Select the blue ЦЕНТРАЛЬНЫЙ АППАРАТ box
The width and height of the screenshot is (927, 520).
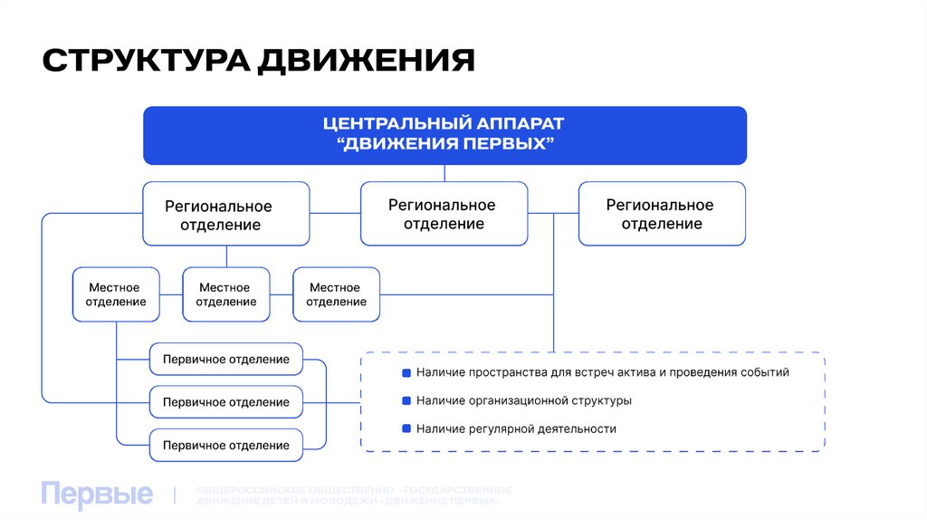point(444,135)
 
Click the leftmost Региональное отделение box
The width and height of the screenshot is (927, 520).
point(225,214)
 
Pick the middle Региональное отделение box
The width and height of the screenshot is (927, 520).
point(444,214)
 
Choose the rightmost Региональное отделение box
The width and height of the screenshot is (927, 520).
point(662,214)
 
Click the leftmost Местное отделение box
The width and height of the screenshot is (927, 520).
point(116,294)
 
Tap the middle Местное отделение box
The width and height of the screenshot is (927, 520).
point(225,294)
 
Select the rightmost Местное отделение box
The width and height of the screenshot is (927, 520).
point(336,294)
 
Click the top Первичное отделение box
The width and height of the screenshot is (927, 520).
point(225,360)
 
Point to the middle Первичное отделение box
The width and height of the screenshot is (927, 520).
point(225,402)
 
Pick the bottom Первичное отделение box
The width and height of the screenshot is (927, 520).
point(225,445)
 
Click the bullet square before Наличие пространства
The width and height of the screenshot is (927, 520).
point(406,372)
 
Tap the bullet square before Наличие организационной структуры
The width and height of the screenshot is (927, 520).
point(406,400)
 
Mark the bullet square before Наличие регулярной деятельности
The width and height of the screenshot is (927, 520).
point(406,429)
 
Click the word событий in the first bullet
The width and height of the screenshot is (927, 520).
point(765,372)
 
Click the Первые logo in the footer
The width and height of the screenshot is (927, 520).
point(97,495)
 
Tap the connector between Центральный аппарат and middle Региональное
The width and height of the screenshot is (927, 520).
point(444,173)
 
